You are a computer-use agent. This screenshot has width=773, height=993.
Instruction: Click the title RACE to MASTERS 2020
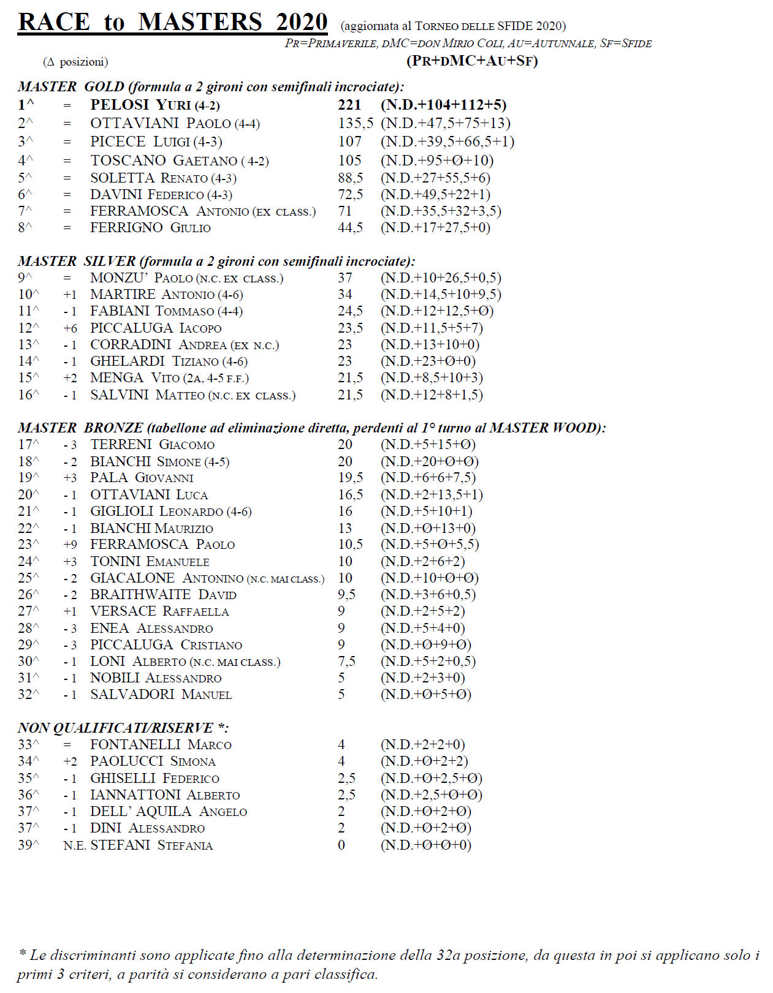click(x=172, y=22)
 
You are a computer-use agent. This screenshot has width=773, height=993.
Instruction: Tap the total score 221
click(x=349, y=105)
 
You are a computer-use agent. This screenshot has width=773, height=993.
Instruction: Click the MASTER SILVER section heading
click(x=216, y=262)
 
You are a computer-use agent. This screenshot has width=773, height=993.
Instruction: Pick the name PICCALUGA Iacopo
click(x=156, y=328)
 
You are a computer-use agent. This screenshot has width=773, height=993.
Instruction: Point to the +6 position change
click(x=70, y=328)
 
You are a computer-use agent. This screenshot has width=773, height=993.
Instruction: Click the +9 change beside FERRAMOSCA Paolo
click(x=70, y=545)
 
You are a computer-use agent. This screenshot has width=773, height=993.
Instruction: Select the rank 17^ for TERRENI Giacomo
click(x=28, y=445)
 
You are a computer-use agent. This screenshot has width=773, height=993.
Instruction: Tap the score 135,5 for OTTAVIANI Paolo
click(x=356, y=123)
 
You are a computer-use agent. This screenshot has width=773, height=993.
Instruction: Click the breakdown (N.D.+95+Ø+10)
click(x=437, y=160)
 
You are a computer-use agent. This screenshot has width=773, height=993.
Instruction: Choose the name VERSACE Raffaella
click(x=159, y=611)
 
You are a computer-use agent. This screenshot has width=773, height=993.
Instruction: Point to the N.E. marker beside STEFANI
click(x=75, y=845)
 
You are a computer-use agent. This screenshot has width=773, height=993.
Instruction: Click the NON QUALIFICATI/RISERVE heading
click(x=123, y=728)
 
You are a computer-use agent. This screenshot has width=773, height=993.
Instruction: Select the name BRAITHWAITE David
click(x=163, y=595)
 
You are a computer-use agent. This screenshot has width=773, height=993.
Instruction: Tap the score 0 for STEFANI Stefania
click(x=341, y=845)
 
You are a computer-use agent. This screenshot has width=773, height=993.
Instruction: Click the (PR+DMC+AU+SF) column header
click(x=472, y=61)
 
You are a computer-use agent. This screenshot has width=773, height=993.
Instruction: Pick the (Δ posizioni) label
click(x=75, y=62)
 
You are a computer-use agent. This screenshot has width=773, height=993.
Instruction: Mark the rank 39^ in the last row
click(x=28, y=845)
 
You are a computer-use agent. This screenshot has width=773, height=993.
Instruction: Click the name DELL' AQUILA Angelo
click(x=169, y=812)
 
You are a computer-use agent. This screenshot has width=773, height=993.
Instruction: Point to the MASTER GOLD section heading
click(x=211, y=87)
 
